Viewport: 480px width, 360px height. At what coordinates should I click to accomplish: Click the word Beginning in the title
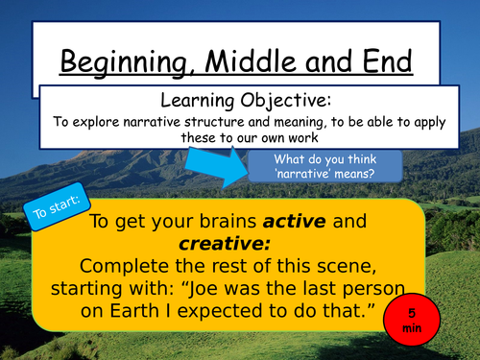pos(125,63)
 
